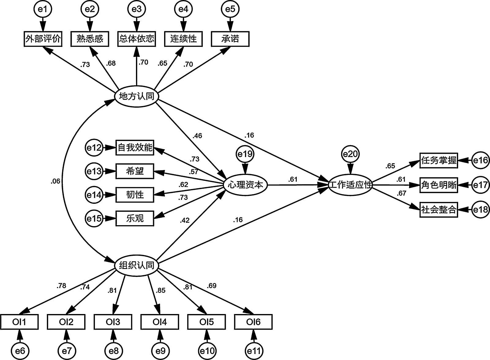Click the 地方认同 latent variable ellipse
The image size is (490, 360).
tap(136, 97)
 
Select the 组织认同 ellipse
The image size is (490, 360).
tap(136, 265)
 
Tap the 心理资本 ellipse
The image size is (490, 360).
tap(246, 185)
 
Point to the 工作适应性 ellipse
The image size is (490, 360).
tap(350, 185)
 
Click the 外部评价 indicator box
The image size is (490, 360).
tap(43, 39)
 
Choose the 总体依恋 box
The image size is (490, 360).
tap(137, 39)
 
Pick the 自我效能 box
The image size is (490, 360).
tap(135, 148)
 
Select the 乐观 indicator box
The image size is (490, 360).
tap(135, 218)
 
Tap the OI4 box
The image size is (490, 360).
tap(160, 322)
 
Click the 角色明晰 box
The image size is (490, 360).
tap(439, 185)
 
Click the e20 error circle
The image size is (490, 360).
tap(350, 154)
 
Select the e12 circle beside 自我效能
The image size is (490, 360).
tap(94, 148)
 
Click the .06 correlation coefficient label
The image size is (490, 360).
tap(55, 181)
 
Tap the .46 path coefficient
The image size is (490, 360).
tap(197, 135)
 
